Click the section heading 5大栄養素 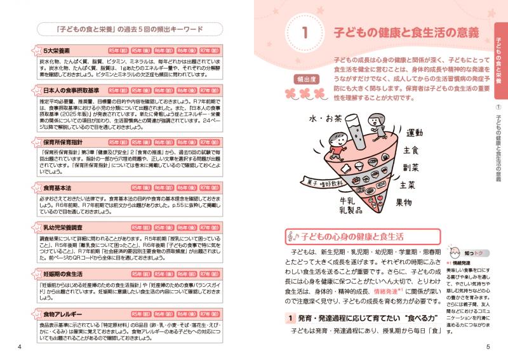pyautogui.click(x=57, y=49)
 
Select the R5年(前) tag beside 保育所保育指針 pyautogui.click(x=119, y=143)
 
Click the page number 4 pyautogui.click(x=20, y=347)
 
